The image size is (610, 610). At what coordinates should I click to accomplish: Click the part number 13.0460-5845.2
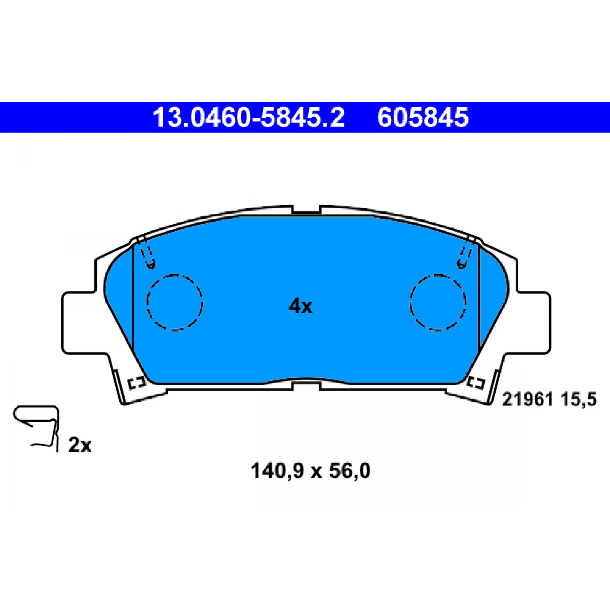point(249,117)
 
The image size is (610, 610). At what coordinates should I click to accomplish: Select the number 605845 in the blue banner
point(423,117)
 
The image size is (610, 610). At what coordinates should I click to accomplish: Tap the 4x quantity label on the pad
point(300,306)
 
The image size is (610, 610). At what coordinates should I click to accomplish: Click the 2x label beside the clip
point(80,446)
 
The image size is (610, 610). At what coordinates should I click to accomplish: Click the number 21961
point(527,399)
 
